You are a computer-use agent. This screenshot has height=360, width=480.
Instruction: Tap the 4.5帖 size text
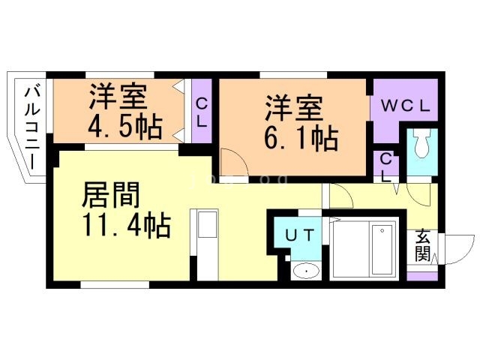pyautogui.click(x=127, y=126)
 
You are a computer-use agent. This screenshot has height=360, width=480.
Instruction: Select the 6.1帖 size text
pyautogui.click(x=300, y=138)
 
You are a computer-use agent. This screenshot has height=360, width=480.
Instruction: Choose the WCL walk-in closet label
pyautogui.click(x=403, y=106)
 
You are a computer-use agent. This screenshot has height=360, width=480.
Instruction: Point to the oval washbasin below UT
pyautogui.click(x=304, y=271)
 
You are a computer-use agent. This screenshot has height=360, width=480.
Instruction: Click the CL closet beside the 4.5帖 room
pyautogui.click(x=202, y=111)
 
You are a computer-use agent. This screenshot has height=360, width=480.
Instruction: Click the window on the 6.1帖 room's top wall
pyautogui.click(x=292, y=73)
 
